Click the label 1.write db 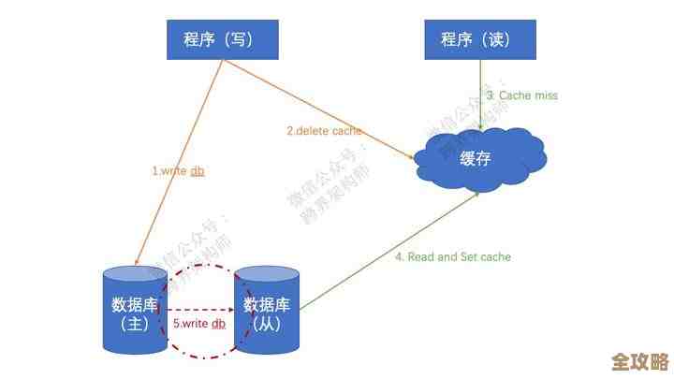(178, 171)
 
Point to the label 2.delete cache (324, 131)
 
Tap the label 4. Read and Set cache (452, 256)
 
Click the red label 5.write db (198, 323)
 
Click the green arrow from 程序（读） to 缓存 (481, 94)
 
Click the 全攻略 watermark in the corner (639, 360)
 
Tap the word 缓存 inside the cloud (476, 158)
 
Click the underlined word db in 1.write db (198, 171)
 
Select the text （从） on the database (269, 324)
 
